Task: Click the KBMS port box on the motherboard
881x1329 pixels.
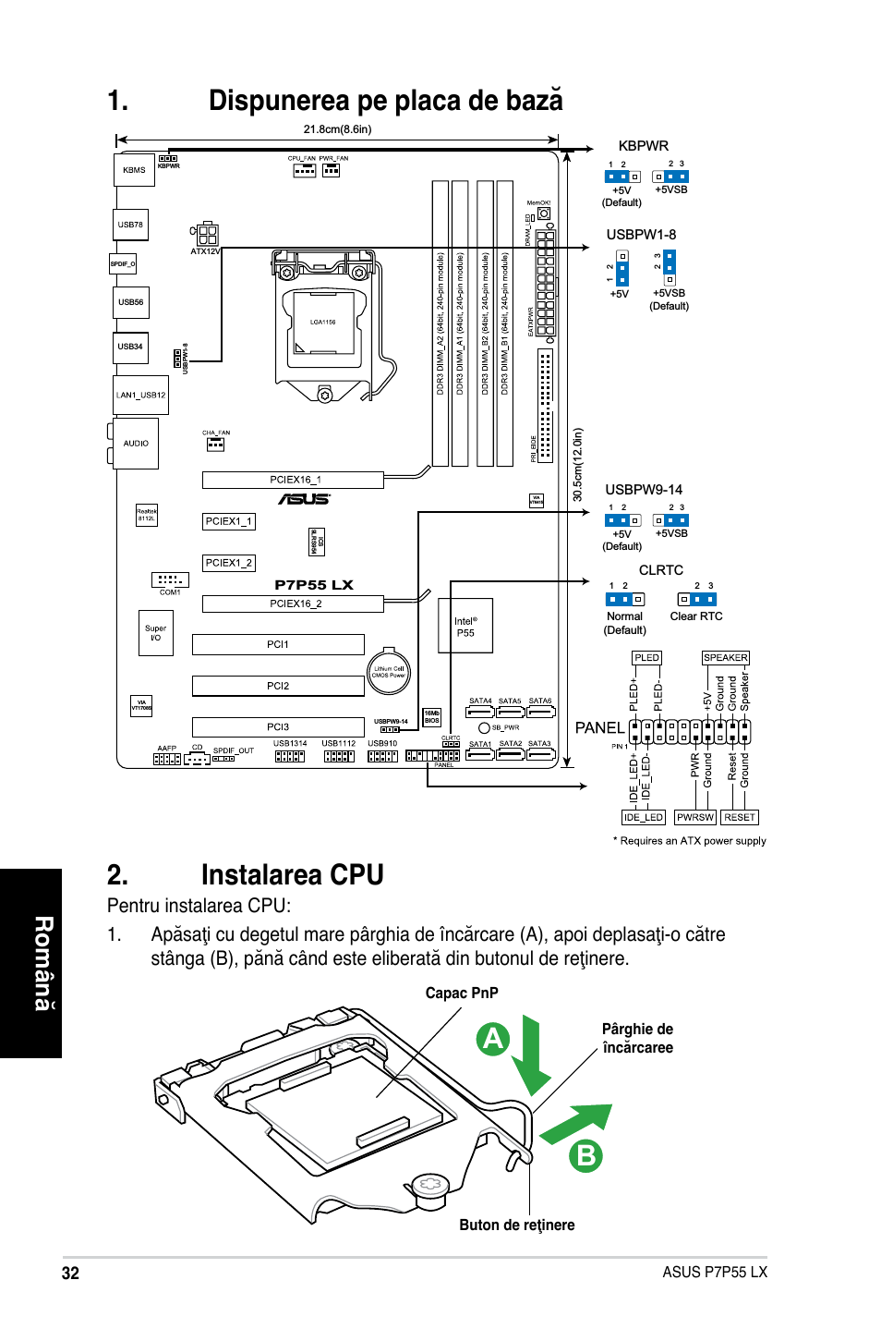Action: pyautogui.click(x=134, y=170)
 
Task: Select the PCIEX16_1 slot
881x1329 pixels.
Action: pyautogui.click(x=293, y=480)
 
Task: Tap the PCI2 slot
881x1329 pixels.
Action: pyautogui.click(x=278, y=686)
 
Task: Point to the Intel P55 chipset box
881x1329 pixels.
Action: pyautogui.click(x=465, y=627)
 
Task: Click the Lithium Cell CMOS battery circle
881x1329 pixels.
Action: pyautogui.click(x=389, y=672)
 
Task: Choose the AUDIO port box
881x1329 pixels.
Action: pyautogui.click(x=136, y=444)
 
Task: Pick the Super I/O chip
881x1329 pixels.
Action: pyautogui.click(x=155, y=633)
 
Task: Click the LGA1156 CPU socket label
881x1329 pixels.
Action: pyautogui.click(x=322, y=323)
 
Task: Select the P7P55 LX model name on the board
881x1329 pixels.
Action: pyautogui.click(x=314, y=584)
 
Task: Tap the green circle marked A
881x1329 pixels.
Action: pyautogui.click(x=494, y=1039)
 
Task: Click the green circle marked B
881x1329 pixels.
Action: pyautogui.click(x=585, y=1155)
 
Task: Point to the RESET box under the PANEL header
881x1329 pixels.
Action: pyautogui.click(x=739, y=817)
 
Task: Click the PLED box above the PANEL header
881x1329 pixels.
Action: pyautogui.click(x=646, y=658)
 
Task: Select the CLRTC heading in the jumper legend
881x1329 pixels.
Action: pyautogui.click(x=661, y=570)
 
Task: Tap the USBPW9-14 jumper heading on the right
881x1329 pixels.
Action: pyautogui.click(x=644, y=490)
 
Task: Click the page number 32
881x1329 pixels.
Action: pyautogui.click(x=70, y=1273)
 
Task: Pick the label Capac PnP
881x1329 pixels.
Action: pyautogui.click(x=462, y=993)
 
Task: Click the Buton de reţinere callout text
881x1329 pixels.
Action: pyautogui.click(x=517, y=1225)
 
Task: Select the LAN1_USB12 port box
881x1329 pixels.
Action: pyautogui.click(x=141, y=395)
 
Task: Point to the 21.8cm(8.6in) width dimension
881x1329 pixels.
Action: pyautogui.click(x=337, y=129)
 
